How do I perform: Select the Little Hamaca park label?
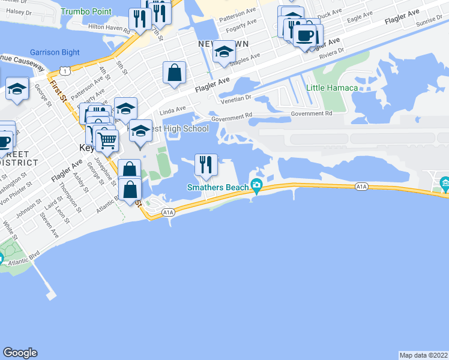point(332,88)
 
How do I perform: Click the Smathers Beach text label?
point(218,187)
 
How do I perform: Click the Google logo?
point(20,353)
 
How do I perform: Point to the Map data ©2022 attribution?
point(423,355)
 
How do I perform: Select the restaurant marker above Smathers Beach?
point(205,165)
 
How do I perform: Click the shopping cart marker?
point(107,140)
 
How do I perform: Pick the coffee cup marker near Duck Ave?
point(304,36)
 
